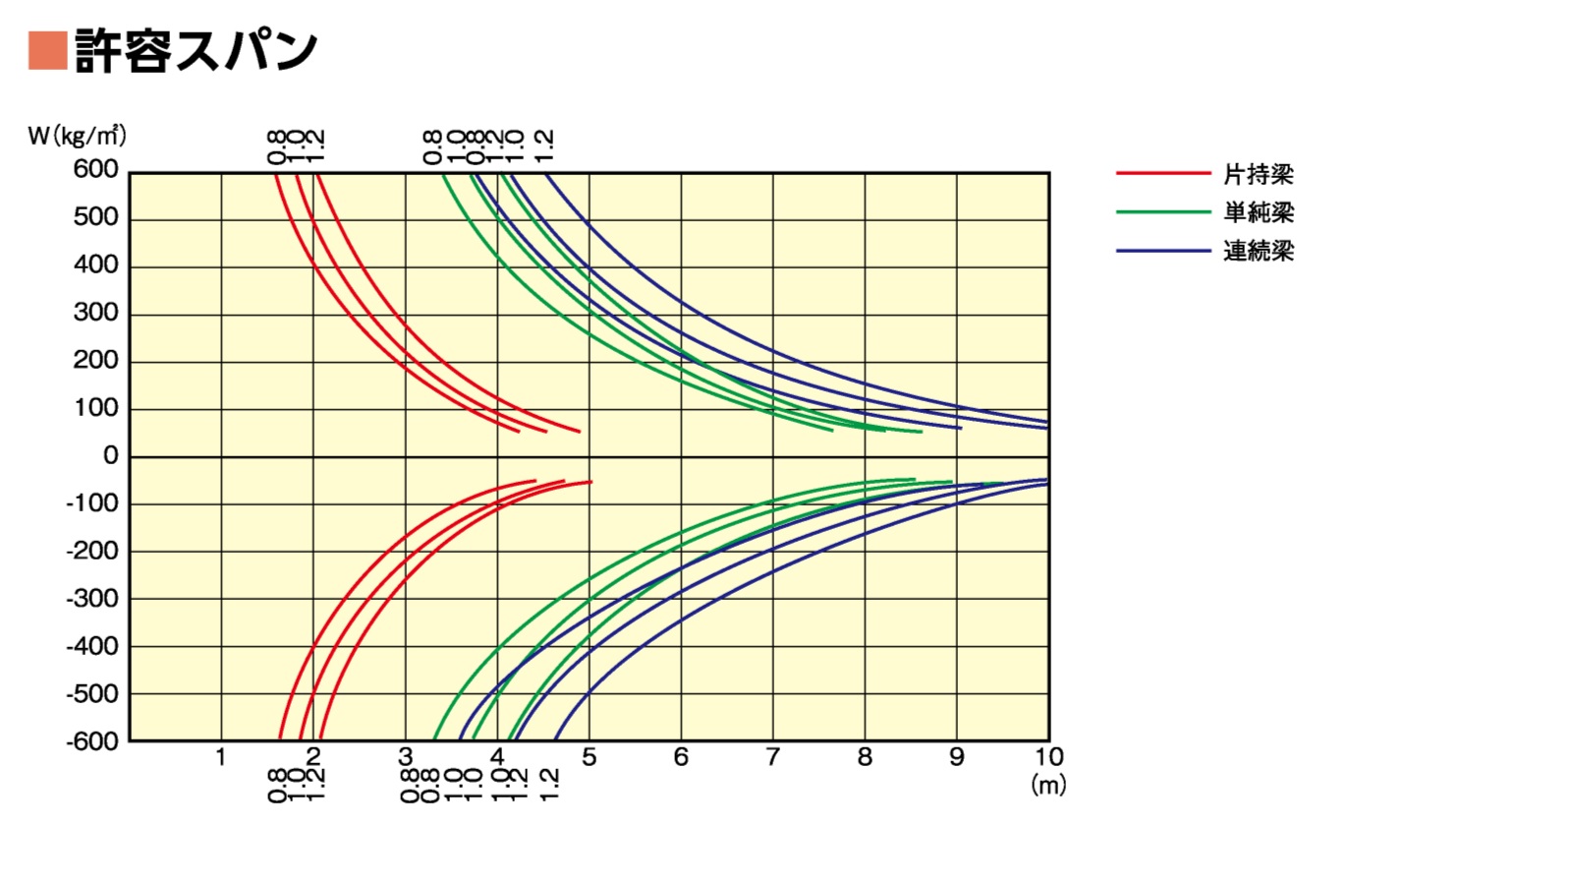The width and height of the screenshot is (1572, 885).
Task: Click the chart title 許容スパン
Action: click(196, 50)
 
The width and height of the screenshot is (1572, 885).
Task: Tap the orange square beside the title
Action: click(47, 50)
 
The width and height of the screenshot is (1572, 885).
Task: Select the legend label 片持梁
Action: click(1258, 175)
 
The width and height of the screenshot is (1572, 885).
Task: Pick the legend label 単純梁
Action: click(1258, 212)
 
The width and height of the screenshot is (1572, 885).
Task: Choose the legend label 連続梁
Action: click(1258, 251)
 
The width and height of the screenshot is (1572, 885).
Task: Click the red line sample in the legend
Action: click(1162, 173)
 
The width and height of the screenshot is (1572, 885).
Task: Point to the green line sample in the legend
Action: click(1162, 211)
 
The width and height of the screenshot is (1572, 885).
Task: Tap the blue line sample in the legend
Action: click(1162, 251)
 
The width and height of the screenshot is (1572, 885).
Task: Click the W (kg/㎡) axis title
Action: click(77, 135)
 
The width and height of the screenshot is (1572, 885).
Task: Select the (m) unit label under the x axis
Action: click(1048, 785)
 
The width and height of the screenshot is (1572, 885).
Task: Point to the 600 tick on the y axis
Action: click(95, 169)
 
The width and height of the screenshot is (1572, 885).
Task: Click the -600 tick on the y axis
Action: click(91, 741)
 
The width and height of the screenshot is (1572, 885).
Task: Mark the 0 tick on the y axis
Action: click(110, 455)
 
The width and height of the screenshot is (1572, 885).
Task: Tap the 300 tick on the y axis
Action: click(95, 313)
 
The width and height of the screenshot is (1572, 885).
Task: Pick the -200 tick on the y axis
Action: click(91, 551)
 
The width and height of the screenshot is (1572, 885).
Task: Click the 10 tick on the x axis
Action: click(1048, 756)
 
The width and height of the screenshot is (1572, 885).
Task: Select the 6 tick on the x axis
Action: click(681, 756)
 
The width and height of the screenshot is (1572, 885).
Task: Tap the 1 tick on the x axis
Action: click(221, 756)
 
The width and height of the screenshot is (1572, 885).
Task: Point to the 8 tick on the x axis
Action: click(865, 756)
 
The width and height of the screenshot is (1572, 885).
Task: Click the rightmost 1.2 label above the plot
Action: click(544, 146)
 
